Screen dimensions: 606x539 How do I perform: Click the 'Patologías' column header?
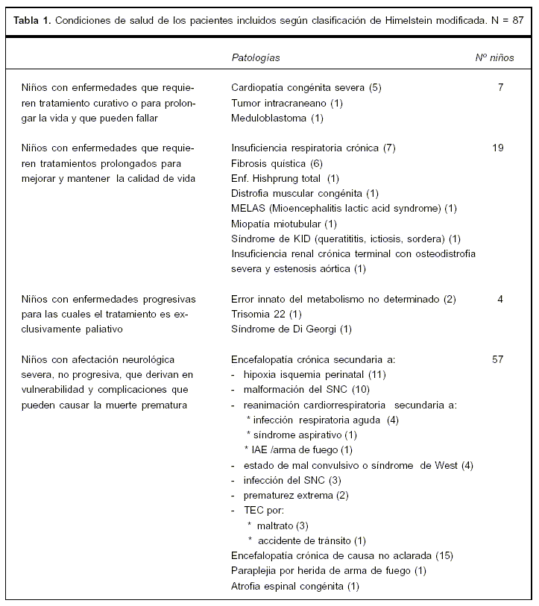coord(256,57)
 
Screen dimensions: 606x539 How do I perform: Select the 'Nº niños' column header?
coord(494,57)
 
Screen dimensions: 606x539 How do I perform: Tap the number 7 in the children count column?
coord(500,87)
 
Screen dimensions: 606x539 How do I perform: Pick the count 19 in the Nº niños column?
coord(498,148)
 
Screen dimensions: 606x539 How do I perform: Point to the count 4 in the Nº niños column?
coord(500,299)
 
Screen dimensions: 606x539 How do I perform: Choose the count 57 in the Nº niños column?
coord(498,359)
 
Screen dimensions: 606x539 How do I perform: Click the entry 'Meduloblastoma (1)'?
coord(277,118)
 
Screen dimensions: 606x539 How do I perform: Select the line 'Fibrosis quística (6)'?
coord(277,163)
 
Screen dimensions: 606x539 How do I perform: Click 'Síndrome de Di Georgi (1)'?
coord(291,329)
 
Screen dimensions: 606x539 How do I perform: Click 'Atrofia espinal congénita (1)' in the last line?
coord(295,586)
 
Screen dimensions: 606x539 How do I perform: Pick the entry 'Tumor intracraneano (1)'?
coord(287,103)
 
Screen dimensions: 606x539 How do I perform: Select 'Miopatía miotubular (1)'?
coord(284,223)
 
